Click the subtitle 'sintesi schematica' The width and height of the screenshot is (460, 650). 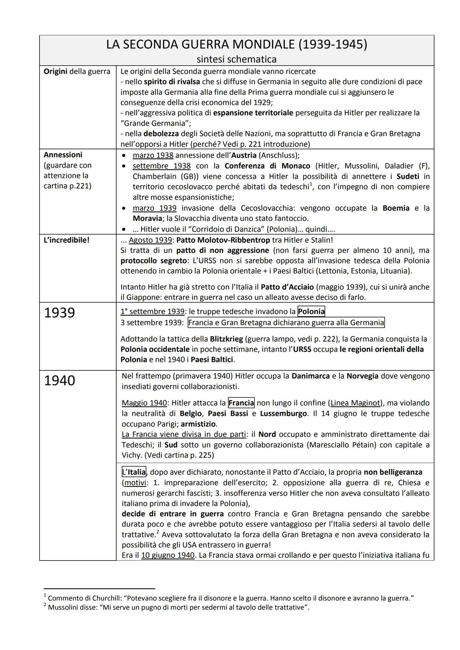(x=236, y=59)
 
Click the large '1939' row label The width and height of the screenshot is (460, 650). (x=60, y=313)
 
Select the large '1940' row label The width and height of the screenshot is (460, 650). (x=60, y=381)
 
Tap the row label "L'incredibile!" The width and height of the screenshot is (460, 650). (x=66, y=240)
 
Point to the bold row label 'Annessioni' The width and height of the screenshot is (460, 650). (x=63, y=155)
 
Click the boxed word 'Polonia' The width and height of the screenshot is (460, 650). (x=311, y=312)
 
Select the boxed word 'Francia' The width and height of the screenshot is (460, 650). (x=241, y=403)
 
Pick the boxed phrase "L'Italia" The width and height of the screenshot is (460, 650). (x=134, y=472)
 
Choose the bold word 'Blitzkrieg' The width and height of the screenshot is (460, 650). (x=226, y=339)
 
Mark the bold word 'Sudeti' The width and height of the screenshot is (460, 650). (x=408, y=176)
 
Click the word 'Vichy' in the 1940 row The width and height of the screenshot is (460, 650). (x=131, y=455)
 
